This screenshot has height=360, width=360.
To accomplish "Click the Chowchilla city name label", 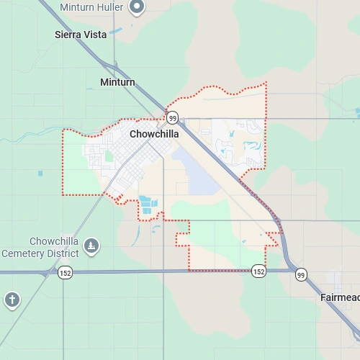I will click(154, 134).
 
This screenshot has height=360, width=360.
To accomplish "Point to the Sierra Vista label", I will click(81, 35).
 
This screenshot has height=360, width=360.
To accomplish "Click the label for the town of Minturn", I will click(117, 83).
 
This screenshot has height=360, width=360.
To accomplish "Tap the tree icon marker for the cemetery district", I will click(91, 247).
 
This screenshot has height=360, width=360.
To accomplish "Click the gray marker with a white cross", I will click(12, 300).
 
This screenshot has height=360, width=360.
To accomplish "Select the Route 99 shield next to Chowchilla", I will click(172, 117).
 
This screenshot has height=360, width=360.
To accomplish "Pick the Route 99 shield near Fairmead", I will click(301, 274).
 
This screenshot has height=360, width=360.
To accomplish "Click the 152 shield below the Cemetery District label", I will click(66, 272).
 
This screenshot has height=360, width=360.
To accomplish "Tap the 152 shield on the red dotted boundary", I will click(259, 271).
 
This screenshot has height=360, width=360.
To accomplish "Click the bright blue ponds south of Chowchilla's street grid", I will click(148, 205).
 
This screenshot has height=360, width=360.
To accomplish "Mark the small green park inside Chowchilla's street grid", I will click(109, 156).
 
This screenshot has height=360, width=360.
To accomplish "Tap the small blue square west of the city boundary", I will click(40, 172).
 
